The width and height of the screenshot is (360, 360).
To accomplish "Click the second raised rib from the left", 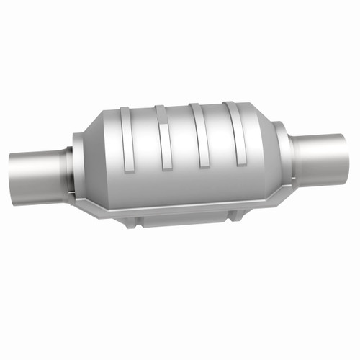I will click(x=163, y=137).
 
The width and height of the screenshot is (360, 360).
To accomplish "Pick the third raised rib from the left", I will click(x=199, y=133).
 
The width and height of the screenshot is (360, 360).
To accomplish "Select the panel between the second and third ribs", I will click(x=181, y=140).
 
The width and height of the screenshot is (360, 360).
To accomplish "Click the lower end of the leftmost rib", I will click(x=130, y=166).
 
